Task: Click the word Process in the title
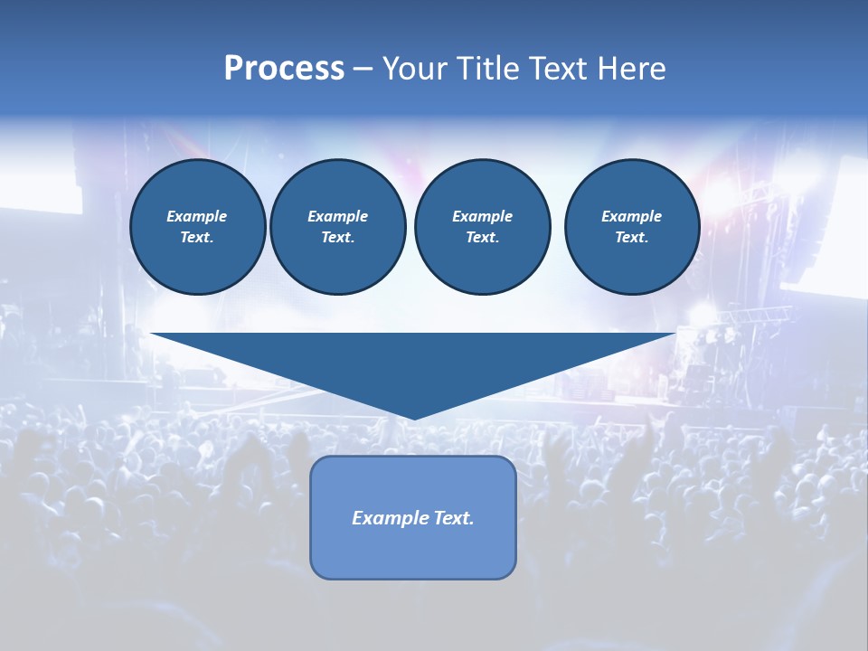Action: [x=284, y=69]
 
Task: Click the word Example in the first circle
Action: [x=197, y=216]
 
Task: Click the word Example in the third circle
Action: [x=482, y=216]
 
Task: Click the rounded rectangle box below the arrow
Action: [x=413, y=552]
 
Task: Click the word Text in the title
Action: [x=559, y=69]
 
